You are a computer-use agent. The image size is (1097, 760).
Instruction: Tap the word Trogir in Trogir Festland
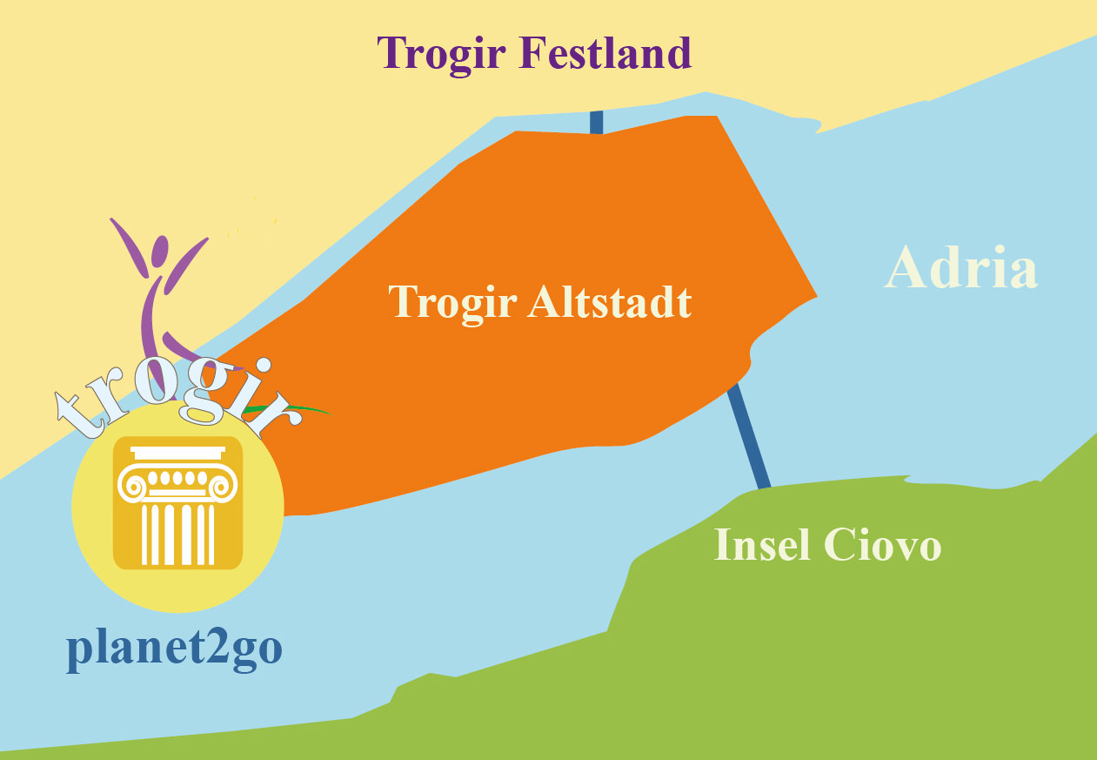click(x=443, y=55)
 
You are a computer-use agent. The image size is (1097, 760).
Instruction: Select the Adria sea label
click(x=960, y=267)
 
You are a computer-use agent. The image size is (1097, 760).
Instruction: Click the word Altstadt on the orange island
click(x=610, y=302)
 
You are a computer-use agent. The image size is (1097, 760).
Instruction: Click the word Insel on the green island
click(x=761, y=546)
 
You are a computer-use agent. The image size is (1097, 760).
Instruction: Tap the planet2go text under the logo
click(x=174, y=650)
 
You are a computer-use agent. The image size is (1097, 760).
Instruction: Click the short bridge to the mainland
click(x=597, y=122)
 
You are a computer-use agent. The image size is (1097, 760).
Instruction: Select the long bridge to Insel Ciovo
click(x=749, y=435)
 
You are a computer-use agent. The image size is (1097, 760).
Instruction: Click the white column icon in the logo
click(x=177, y=505)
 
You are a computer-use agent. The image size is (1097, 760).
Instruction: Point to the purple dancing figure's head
click(x=158, y=253)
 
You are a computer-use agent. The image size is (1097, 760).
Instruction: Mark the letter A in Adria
click(x=908, y=267)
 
